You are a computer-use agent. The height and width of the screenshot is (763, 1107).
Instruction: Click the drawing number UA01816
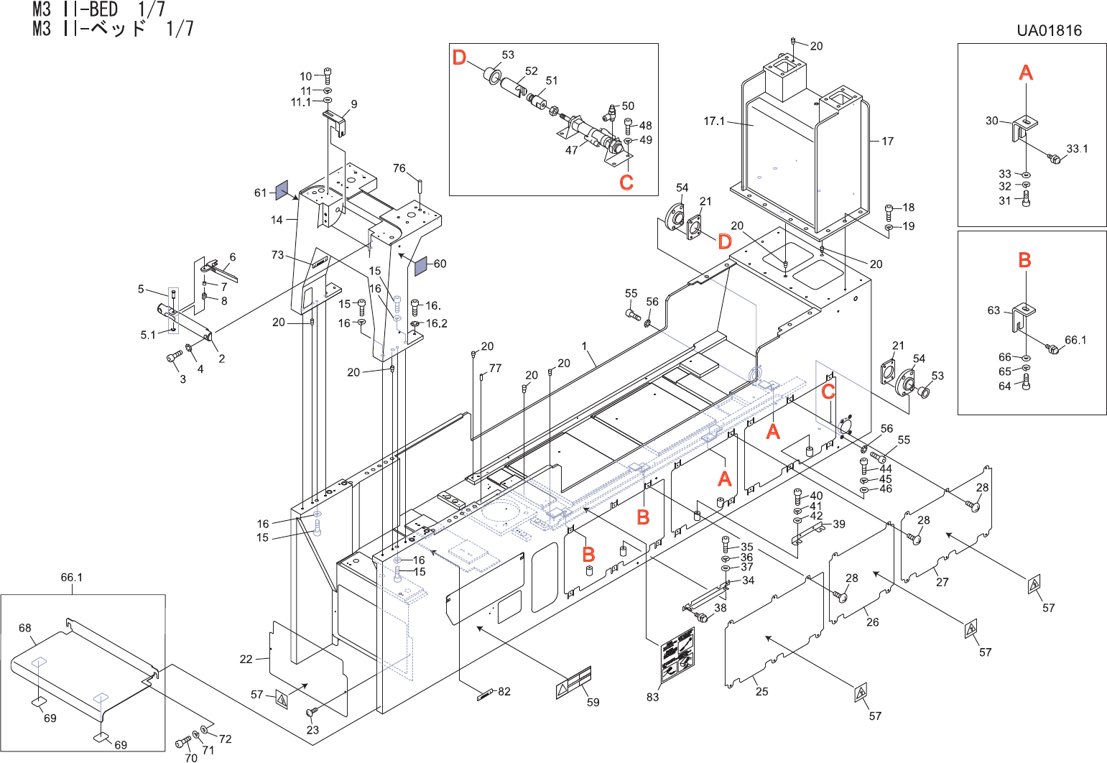pos(1049,30)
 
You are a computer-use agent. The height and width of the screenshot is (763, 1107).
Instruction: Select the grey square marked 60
pos(420,265)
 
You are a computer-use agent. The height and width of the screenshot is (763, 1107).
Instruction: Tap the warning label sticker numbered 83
pos(677,654)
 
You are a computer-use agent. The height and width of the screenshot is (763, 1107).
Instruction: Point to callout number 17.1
pos(714,121)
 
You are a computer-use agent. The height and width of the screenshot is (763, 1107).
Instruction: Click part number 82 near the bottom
pos(504,691)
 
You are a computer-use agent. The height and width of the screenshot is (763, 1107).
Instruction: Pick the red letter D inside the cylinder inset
pos(459,57)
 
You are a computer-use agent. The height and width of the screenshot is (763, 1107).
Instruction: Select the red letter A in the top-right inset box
pos(1026,72)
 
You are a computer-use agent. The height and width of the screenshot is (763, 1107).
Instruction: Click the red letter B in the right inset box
pos(1025,260)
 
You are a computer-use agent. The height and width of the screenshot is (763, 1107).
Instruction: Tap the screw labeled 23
pos(311,712)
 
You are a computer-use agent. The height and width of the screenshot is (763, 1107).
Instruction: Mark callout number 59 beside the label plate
pos(593,702)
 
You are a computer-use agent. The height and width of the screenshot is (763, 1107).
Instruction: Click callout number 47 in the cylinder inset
pos(572,150)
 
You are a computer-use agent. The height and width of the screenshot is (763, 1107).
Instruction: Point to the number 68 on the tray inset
pos(25,628)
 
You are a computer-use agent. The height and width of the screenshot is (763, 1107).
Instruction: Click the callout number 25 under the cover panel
pos(761,691)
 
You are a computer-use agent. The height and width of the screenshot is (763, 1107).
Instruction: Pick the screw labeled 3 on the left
pos(173,356)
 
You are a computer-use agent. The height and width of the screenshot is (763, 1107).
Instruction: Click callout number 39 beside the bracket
pos(839,524)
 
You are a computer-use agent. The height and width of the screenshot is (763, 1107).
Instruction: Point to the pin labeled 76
pos(420,184)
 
